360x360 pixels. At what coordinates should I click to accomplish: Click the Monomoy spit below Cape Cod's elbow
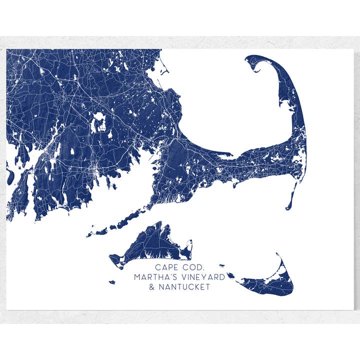click(x=291, y=200)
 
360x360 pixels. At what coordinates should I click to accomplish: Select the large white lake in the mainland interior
click(x=99, y=120)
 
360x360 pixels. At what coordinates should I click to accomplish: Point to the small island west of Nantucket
click(x=231, y=275)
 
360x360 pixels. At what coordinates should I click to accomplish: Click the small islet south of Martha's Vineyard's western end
click(x=112, y=282)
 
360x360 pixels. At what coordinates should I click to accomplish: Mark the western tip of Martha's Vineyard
click(x=111, y=258)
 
